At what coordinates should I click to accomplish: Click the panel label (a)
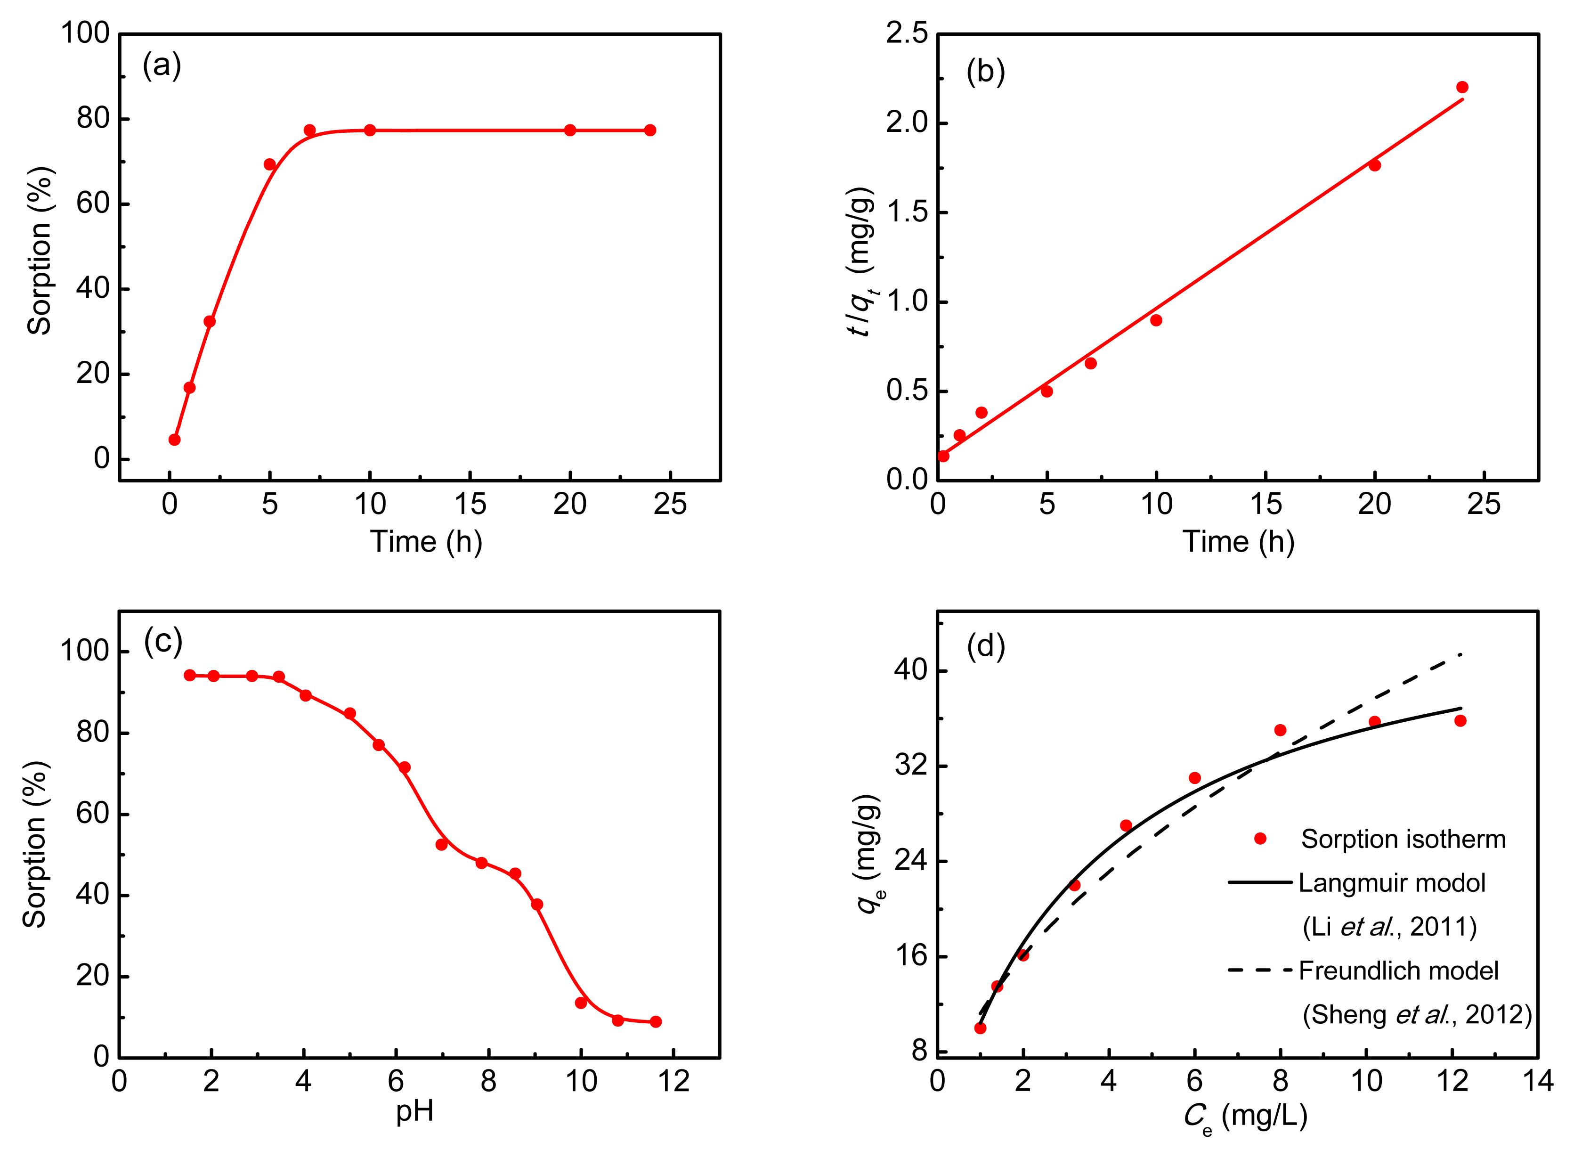(x=162, y=66)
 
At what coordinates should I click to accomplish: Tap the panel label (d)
(x=986, y=646)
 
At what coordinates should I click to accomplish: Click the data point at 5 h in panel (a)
(x=270, y=164)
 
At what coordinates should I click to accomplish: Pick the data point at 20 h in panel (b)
(x=1375, y=165)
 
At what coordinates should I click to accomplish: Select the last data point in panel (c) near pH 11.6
(x=656, y=1022)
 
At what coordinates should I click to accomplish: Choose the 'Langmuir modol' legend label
(x=1392, y=883)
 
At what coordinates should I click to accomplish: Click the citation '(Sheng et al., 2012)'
(x=1417, y=1015)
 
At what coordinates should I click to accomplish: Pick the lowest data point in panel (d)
(x=980, y=1028)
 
